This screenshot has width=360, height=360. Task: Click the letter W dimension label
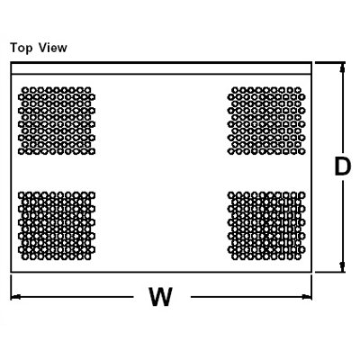click(x=161, y=297)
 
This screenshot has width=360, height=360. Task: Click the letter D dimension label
click(x=343, y=166)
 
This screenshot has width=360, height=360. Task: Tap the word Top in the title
click(x=21, y=49)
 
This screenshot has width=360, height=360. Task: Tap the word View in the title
click(x=53, y=48)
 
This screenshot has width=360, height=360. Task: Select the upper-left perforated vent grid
click(x=57, y=121)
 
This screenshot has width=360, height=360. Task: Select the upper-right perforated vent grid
click(x=266, y=121)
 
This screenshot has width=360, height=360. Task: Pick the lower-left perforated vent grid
click(x=57, y=226)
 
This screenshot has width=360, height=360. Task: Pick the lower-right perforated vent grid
click(x=266, y=226)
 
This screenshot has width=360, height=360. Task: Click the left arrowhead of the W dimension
click(x=15, y=297)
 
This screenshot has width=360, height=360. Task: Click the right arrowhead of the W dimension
click(x=307, y=297)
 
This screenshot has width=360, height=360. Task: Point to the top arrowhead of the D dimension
click(x=342, y=67)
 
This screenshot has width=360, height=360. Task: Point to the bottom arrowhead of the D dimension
click(x=342, y=266)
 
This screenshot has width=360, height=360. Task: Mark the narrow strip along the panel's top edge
click(x=161, y=68)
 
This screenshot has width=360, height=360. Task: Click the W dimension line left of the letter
click(x=72, y=297)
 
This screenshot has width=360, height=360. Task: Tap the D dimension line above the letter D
click(x=342, y=110)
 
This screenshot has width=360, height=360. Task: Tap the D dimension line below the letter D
click(x=342, y=224)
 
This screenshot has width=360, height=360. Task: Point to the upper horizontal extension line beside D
click(x=330, y=63)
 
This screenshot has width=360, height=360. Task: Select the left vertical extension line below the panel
click(x=11, y=287)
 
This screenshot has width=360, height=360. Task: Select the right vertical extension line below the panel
click(x=311, y=287)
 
